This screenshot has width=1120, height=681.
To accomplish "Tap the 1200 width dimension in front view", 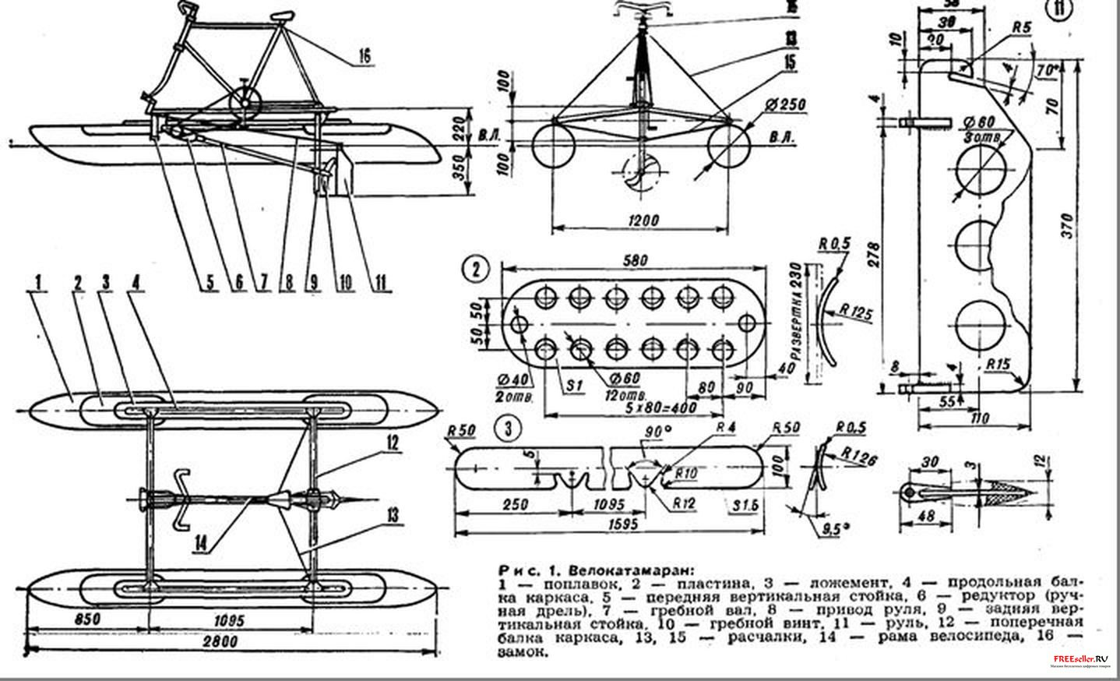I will tap(640, 220).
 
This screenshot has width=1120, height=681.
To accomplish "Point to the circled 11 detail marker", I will tap(1058, 9).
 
